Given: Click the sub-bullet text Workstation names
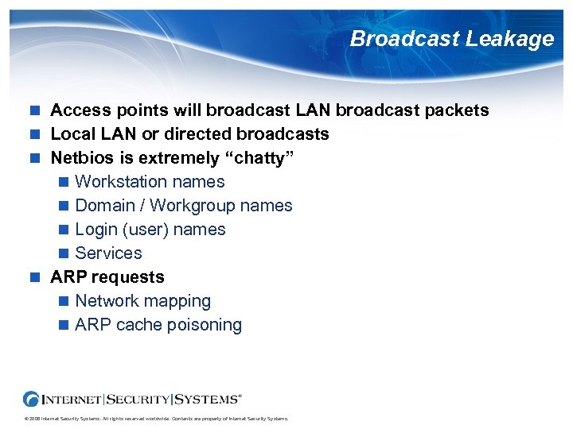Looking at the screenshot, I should pos(150,182).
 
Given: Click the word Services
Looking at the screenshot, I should pos(108,253).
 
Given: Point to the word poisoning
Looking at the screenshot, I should pos(205,325).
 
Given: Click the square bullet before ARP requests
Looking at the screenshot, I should pos(34,277).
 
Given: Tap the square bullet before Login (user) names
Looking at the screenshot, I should pos(64,230).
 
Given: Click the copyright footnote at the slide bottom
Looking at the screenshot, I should pos(155,419).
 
